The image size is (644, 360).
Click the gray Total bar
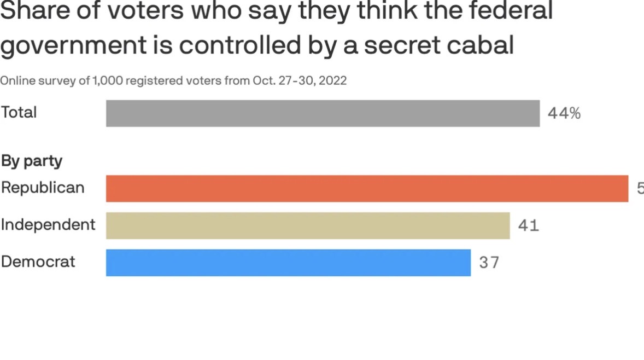point(323,113)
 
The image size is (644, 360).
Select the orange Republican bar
point(367,188)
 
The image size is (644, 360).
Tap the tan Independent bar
point(308,225)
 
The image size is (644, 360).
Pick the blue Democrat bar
point(288,263)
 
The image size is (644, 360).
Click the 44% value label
point(564,114)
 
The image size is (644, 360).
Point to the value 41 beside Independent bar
point(529,225)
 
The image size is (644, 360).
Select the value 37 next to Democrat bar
point(489,263)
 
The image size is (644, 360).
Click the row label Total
point(19,112)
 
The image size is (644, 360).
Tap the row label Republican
point(43,188)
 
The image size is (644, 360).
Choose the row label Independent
point(48,224)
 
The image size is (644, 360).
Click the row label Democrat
point(38,262)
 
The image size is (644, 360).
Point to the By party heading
point(32,161)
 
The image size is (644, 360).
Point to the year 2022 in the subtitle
point(332,81)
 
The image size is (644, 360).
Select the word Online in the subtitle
point(15,81)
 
